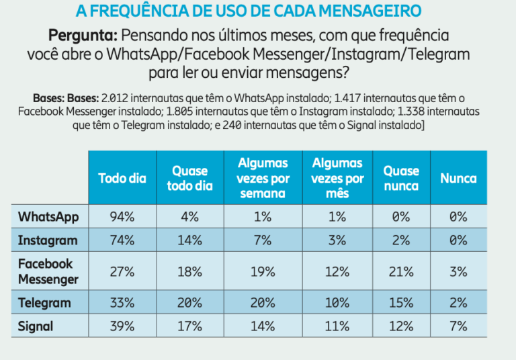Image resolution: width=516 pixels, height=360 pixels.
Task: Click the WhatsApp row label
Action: click(48, 217)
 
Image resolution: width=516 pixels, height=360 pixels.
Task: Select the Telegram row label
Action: click(44, 302)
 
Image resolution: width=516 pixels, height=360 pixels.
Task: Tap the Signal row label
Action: click(36, 326)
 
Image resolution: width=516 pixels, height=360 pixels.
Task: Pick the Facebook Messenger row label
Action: click(48, 271)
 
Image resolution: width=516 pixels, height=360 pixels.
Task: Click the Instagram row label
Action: click(48, 240)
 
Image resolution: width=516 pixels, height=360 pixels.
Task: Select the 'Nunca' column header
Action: click(458, 178)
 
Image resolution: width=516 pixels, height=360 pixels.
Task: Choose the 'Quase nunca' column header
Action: click(401, 178)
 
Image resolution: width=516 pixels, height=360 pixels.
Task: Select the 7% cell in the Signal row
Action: click(458, 326)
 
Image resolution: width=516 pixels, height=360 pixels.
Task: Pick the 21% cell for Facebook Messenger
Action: click(401, 271)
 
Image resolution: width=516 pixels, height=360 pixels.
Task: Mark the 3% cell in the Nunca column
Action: click(458, 271)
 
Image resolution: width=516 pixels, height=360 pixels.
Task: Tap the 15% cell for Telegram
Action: click(401, 302)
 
